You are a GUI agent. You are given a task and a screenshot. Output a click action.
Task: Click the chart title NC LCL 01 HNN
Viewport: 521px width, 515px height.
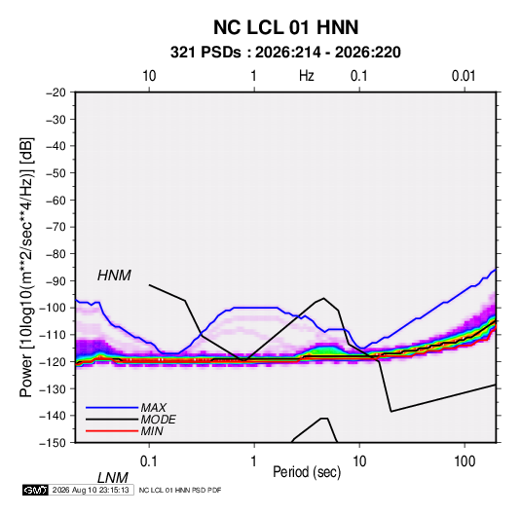coord(285,27)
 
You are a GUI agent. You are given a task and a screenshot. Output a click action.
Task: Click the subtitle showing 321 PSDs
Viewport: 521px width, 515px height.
coord(285,53)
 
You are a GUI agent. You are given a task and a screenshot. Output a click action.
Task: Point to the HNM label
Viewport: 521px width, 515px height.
coord(114,276)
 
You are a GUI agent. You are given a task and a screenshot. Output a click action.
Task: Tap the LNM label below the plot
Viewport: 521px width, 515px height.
coord(112,478)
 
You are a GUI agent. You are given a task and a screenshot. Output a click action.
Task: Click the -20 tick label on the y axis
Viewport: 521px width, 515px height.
coord(56,92)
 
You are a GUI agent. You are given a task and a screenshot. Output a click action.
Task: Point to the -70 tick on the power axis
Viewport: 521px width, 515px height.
coord(56,227)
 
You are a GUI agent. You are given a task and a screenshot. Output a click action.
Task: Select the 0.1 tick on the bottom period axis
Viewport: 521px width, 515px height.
coord(148,461)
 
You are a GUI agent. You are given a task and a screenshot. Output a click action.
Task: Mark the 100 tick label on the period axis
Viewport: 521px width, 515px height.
coord(465,461)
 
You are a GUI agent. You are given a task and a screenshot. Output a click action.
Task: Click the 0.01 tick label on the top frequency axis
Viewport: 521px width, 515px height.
coord(464,76)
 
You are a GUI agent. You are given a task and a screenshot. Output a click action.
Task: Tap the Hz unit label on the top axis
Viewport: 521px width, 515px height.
coord(307,76)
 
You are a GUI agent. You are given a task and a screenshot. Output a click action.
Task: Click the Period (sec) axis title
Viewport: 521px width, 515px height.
coord(307,472)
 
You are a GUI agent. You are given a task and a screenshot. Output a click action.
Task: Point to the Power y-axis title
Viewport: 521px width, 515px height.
coord(26,267)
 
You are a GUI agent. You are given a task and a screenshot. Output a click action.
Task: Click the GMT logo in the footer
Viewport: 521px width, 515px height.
coord(35,490)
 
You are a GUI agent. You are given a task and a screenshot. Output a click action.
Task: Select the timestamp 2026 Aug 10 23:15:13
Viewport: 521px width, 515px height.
coord(91,490)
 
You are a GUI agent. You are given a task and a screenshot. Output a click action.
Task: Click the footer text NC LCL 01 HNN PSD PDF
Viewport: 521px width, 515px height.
coord(180,491)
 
